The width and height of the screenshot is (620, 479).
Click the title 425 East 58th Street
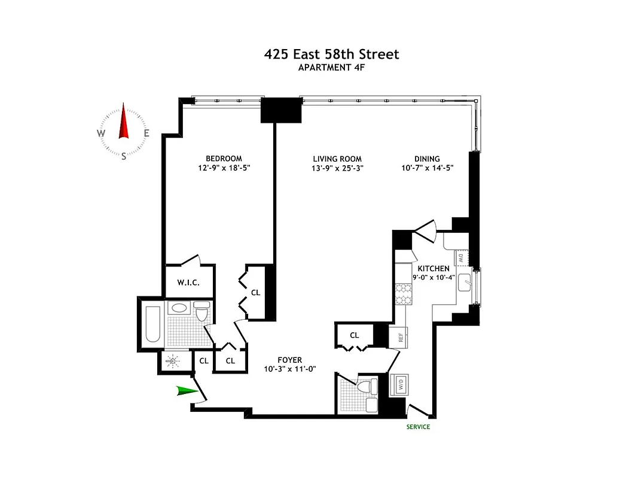tap(331, 54)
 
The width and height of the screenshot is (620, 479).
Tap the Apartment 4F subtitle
tap(331, 68)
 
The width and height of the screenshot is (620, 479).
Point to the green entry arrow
tap(188, 392)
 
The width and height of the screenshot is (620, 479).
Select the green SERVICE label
tap(418, 427)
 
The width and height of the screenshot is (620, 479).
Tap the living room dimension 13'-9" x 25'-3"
tap(338, 169)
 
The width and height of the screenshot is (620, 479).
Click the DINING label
tap(427, 159)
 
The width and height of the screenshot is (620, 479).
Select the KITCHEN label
tap(433, 269)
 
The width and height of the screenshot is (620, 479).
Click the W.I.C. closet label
tap(188, 283)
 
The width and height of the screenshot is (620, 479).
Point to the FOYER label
tap(290, 360)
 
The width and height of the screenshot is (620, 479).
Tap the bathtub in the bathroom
tap(153, 324)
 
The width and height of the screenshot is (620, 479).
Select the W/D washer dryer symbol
tap(398, 384)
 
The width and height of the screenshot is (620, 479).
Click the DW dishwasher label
tap(461, 258)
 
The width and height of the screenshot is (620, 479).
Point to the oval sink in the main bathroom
tap(178, 309)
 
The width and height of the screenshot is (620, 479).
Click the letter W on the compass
tap(101, 134)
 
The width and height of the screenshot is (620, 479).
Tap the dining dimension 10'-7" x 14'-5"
tap(427, 169)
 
